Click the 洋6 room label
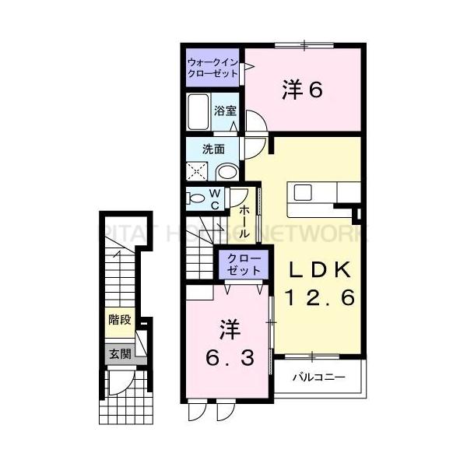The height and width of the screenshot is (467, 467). (x=302, y=90)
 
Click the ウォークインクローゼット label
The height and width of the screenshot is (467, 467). (x=212, y=66)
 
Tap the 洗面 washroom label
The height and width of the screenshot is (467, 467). (x=214, y=148)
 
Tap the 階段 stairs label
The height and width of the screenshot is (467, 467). (x=119, y=318)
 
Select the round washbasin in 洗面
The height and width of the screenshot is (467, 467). (x=227, y=171)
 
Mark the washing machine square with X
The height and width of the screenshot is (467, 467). (x=198, y=171)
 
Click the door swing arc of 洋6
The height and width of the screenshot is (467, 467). (x=255, y=121)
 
